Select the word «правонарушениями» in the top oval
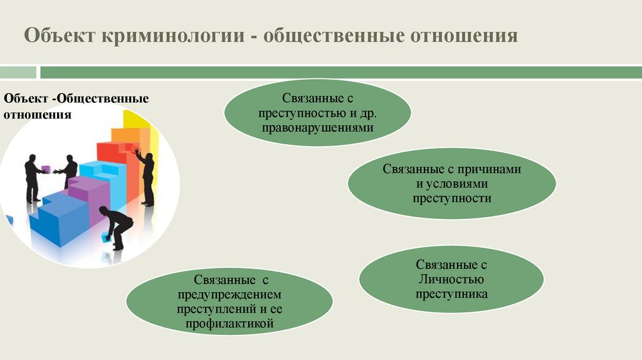pyautogui.click(x=318, y=127)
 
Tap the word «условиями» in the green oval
pyautogui.click(x=456, y=184)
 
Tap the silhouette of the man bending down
pyautogui.click(x=116, y=226)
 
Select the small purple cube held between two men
pyautogui.click(x=46, y=168)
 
